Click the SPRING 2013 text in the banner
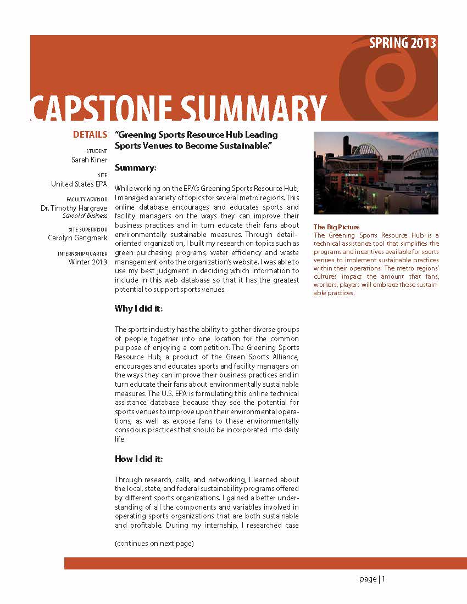point(403,43)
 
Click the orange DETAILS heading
point(90,134)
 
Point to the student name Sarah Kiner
point(89,160)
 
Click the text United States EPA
point(79,184)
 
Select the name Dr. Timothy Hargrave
point(74,208)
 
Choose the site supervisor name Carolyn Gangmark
point(77,238)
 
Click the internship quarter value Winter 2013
point(88,262)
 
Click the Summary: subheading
point(136,167)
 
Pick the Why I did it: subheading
point(138,309)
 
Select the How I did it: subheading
point(138,459)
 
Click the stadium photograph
point(376,173)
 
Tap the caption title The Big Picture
point(336,227)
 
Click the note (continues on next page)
point(154,544)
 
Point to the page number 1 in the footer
point(383,579)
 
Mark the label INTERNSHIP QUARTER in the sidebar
point(82,253)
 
